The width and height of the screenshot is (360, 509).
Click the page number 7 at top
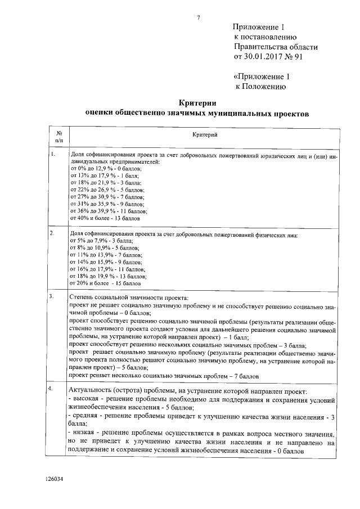pyautogui.click(x=198, y=16)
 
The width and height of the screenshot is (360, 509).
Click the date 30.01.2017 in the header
pyautogui.click(x=263, y=57)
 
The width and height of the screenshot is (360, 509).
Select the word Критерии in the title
pyautogui.click(x=197, y=102)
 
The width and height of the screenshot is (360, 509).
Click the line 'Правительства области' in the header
pyautogui.click(x=276, y=47)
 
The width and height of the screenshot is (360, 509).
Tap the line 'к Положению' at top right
pyautogui.click(x=260, y=86)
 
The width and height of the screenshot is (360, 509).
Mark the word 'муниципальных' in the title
pyautogui.click(x=230, y=113)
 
